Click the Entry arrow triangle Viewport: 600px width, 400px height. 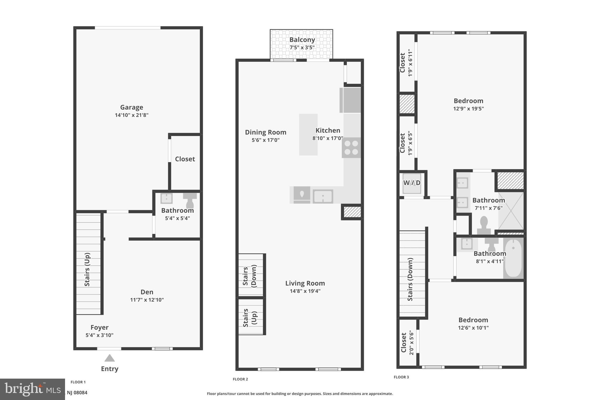[x=110, y=358]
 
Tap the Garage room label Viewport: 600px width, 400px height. [x=132, y=107]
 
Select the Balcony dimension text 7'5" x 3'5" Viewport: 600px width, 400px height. [x=302, y=47]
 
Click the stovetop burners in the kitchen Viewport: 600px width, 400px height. [x=351, y=148]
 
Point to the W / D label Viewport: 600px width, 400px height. [x=412, y=183]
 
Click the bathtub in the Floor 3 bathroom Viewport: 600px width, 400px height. [x=513, y=258]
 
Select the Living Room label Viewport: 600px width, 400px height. [x=305, y=283]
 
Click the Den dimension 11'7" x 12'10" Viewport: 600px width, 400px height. [x=147, y=300]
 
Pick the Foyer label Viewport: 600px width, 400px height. [x=99, y=327]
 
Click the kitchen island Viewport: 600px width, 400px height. [x=308, y=135]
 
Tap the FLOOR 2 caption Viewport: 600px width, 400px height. [x=240, y=379]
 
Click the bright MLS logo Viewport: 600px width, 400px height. [x=32, y=389]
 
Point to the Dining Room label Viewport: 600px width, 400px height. [x=265, y=132]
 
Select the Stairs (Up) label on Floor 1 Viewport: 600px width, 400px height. [x=87, y=269]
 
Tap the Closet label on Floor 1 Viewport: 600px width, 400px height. [x=185, y=159]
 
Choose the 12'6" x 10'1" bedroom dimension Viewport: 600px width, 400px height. [x=473, y=328]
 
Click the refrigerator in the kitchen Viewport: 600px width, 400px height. [x=350, y=100]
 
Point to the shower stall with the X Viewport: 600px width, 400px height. [x=511, y=211]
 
